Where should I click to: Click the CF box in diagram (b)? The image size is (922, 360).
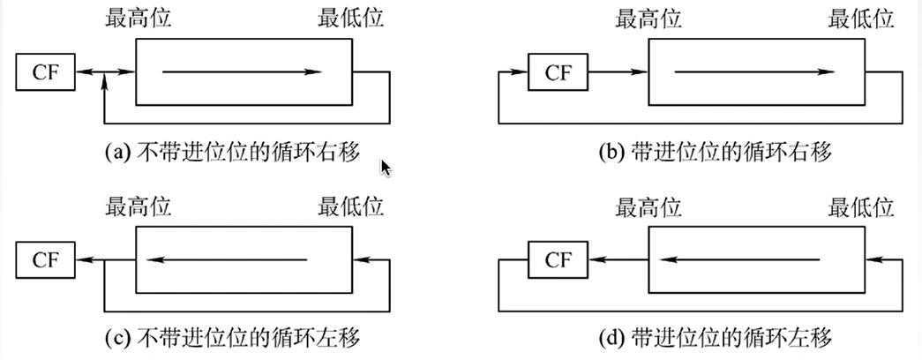[x=558, y=72]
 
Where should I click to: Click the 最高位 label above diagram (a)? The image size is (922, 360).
[x=137, y=19]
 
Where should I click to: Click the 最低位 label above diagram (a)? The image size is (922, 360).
[x=350, y=19]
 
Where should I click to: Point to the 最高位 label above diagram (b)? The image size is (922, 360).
[x=648, y=19]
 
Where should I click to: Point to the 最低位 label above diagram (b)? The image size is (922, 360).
[x=862, y=19]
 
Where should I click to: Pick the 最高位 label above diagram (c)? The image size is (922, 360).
[x=137, y=207]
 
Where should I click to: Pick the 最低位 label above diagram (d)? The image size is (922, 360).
[x=862, y=207]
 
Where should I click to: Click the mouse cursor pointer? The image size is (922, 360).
[x=386, y=168]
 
